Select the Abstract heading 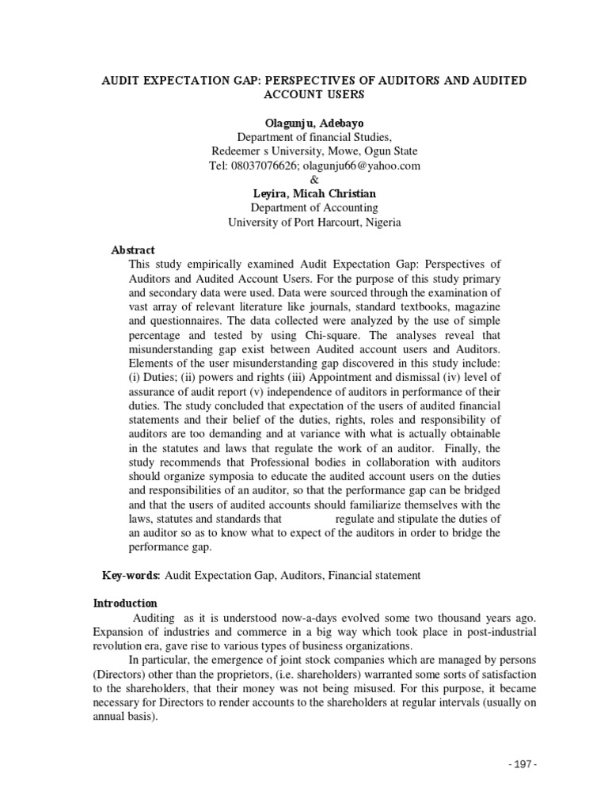coord(133,249)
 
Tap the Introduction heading coord(125,603)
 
